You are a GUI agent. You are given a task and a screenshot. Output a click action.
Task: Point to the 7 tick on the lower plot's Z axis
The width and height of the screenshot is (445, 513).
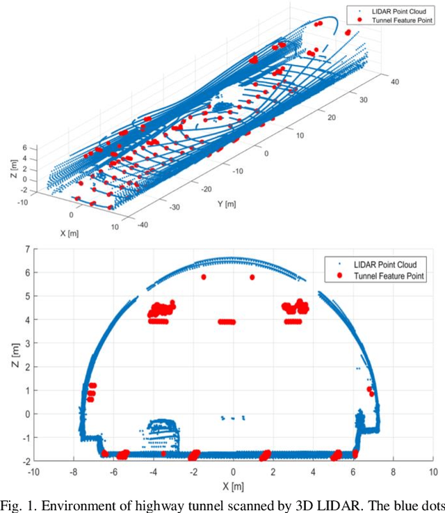26,248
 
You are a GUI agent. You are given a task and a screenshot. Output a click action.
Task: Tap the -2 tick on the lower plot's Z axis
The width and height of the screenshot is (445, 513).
24,461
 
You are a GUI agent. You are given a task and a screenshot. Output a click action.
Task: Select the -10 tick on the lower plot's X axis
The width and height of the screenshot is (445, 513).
33,472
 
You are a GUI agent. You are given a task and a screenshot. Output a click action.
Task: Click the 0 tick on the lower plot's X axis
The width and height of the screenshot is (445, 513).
233,472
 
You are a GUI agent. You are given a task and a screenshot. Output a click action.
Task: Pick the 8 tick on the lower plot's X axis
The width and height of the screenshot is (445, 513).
393,472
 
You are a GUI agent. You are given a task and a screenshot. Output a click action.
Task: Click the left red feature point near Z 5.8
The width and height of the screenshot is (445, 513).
204,277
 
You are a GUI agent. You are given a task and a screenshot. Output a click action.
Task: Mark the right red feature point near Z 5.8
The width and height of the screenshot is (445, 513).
252,277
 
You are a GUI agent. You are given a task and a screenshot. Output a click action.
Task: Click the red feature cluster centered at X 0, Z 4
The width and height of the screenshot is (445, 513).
227,322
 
